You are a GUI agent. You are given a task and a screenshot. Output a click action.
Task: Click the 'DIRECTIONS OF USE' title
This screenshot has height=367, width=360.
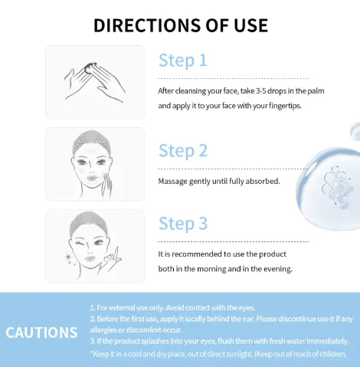[181, 25]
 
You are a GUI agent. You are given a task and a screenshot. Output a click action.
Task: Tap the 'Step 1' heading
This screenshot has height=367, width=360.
[183, 61]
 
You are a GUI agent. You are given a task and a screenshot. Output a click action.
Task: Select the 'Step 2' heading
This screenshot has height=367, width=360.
[183, 150]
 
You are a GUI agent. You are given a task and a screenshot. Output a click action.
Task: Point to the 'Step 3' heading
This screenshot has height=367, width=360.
[183, 224]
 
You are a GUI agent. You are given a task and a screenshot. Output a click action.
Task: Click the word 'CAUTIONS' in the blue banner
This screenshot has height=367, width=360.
[41, 332]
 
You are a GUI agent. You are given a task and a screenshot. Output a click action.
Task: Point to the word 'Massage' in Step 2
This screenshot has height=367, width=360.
[172, 182]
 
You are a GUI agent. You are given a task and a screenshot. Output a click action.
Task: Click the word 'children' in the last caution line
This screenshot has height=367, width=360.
[330, 353]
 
